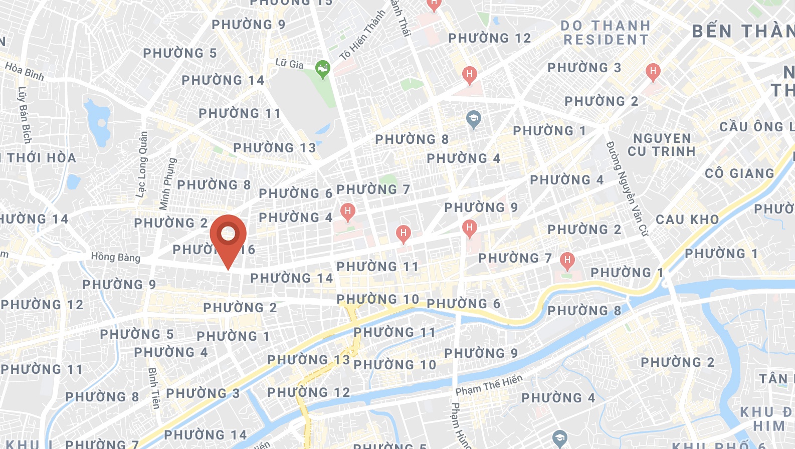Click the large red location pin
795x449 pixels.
pyautogui.click(x=228, y=236)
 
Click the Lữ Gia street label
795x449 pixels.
pyautogui.click(x=289, y=63)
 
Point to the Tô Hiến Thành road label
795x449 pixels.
pyautogui.click(x=362, y=35)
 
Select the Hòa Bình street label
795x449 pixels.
pyautogui.click(x=25, y=71)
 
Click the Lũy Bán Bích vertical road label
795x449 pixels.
pyautogui.click(x=24, y=115)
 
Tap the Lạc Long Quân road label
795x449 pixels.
pyautogui.click(x=142, y=164)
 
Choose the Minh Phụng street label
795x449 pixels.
pyautogui.click(x=168, y=184)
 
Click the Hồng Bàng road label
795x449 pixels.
pyautogui.click(x=115, y=257)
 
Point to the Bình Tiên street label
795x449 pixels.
pyautogui.click(x=154, y=387)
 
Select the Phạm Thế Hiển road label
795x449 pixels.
pyautogui.click(x=489, y=385)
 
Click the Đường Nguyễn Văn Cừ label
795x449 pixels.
pyautogui.click(x=627, y=188)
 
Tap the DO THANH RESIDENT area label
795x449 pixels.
pyautogui.click(x=606, y=33)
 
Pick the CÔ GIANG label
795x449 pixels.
pyautogui.click(x=739, y=173)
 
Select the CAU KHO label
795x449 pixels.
pyautogui.click(x=687, y=219)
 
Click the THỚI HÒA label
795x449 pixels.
pyautogui.click(x=41, y=158)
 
